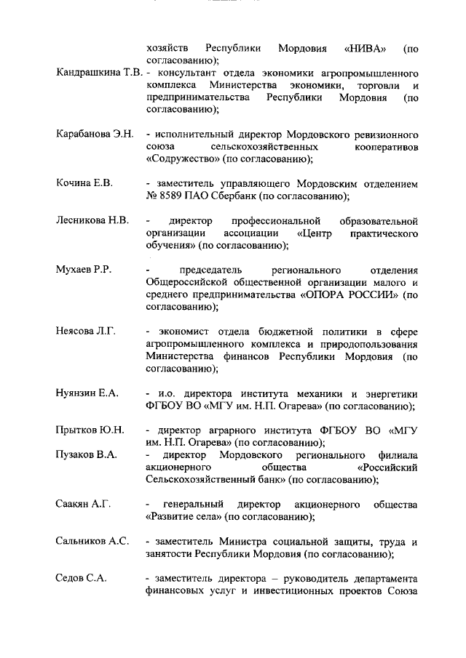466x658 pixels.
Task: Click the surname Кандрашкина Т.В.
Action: coord(99,74)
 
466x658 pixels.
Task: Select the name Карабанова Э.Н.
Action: coord(95,135)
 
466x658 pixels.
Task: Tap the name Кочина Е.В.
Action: coord(84,183)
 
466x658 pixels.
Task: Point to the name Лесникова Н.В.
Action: coord(92,221)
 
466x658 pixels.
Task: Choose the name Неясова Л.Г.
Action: coord(86,331)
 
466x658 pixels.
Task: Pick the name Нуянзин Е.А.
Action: coord(87,393)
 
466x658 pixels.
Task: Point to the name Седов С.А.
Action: coord(82,578)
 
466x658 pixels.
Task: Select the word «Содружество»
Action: coord(182,160)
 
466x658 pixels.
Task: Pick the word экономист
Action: coord(183,331)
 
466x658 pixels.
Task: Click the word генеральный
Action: coord(194,504)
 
